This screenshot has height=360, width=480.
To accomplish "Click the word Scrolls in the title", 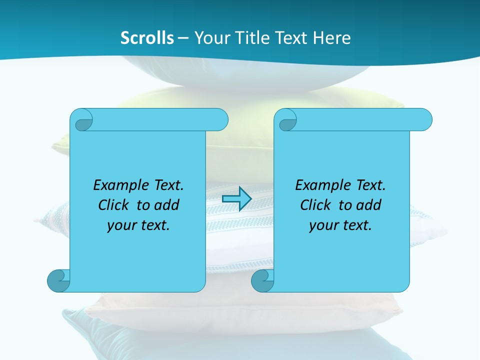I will pyautogui.click(x=147, y=37).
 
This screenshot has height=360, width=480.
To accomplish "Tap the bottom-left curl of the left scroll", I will pyautogui.click(x=58, y=280).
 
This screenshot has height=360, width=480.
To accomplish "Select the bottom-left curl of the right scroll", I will pyautogui.click(x=262, y=280).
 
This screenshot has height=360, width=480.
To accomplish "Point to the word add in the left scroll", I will pyautogui.click(x=166, y=205).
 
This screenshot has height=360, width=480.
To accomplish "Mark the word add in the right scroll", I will pyautogui.click(x=368, y=205).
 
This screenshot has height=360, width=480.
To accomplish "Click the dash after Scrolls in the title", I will pyautogui.click(x=183, y=38).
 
